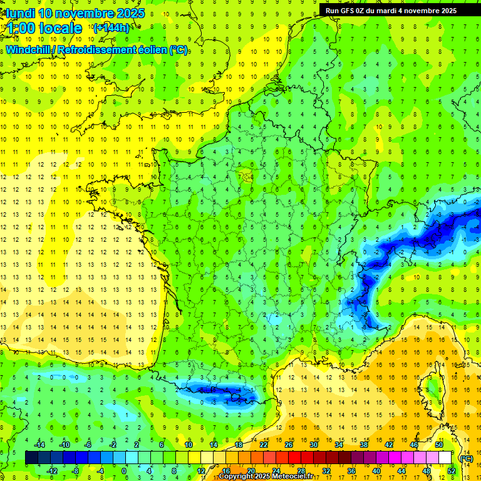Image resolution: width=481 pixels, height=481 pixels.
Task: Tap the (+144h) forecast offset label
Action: click(111, 28)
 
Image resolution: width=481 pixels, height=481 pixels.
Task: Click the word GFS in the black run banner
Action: click(352, 10)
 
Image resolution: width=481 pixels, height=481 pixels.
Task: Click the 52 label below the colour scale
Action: click(451, 471)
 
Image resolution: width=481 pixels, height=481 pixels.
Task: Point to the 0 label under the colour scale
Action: click(124, 471)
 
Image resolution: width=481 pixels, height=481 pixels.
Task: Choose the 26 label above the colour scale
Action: click(289, 445)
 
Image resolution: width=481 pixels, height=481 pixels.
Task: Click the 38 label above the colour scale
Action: click(363, 445)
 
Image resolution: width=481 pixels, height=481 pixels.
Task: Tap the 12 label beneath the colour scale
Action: click(201, 471)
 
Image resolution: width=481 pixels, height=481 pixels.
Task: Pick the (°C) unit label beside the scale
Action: click(466, 458)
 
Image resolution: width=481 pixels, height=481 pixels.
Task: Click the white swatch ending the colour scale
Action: click(445, 458)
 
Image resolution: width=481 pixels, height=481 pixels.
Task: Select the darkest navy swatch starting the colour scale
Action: click(31, 458)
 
